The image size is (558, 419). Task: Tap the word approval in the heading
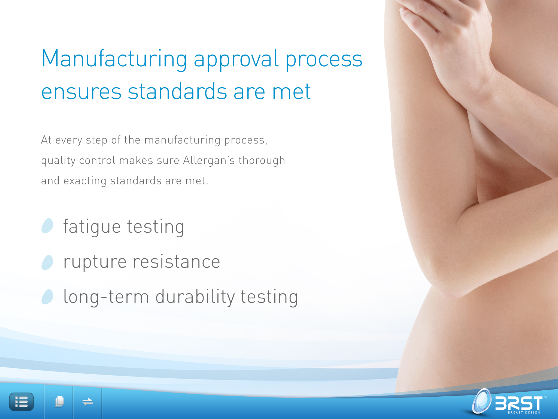coord(236,59)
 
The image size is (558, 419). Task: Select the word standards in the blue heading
coord(177,91)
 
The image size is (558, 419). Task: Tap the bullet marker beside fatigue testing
coord(47,226)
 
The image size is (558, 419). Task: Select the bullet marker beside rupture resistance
coord(47,262)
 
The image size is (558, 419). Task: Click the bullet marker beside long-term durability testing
coord(47,297)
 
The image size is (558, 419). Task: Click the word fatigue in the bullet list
coord(92,227)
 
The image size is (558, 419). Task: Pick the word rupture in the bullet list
coord(95,262)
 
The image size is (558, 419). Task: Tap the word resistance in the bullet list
coord(177,262)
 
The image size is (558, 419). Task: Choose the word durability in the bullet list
coord(195,297)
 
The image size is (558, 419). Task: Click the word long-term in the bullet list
coord(106,297)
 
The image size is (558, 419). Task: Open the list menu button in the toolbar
coord(22,402)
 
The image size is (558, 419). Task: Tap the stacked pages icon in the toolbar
coord(59,402)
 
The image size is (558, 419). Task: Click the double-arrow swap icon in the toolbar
coord(88,402)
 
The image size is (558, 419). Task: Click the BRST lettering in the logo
coord(519,403)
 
